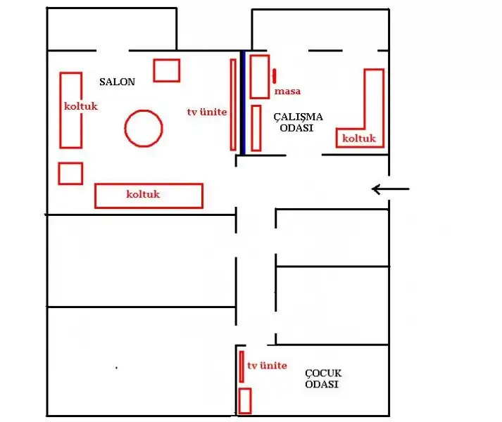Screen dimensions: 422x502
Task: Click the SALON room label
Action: (x=117, y=82)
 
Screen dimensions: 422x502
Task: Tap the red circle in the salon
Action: (x=144, y=128)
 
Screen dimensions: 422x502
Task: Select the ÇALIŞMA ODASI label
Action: (x=293, y=122)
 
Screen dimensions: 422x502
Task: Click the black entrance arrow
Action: (x=390, y=188)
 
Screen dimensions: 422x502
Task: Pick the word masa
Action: (x=287, y=91)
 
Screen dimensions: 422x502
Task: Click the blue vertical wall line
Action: (x=242, y=102)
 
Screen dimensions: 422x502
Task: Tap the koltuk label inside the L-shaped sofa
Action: (x=359, y=139)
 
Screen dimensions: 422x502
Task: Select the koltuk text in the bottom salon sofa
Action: (x=143, y=195)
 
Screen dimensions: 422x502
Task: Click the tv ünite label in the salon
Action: (x=207, y=112)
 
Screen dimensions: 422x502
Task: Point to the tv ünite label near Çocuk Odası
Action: (x=267, y=366)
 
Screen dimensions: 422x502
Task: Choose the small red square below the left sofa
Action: (x=70, y=173)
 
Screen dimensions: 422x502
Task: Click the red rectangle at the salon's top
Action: (x=167, y=70)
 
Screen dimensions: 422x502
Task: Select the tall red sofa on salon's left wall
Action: (x=70, y=110)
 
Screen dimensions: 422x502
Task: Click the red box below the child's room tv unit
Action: (x=245, y=400)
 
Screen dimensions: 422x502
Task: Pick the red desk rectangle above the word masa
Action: (x=259, y=76)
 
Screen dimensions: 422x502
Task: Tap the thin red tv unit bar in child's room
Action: (x=241, y=366)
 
